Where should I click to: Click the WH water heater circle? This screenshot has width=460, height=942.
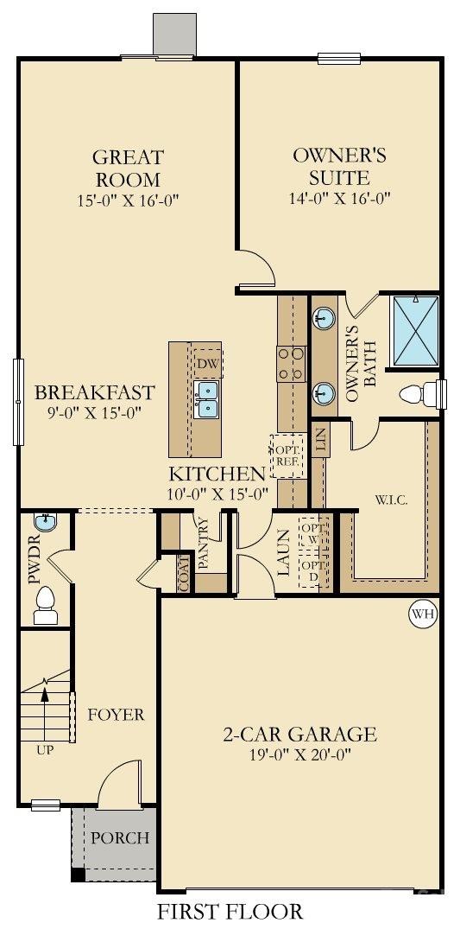click(421, 614)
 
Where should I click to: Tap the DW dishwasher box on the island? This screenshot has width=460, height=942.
click(207, 364)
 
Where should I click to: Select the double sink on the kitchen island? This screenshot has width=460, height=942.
click(207, 400)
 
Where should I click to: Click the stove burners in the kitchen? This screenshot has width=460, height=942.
click(290, 364)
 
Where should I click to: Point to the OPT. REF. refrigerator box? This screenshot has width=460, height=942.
click(287, 456)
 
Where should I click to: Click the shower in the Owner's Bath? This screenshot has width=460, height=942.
click(415, 330)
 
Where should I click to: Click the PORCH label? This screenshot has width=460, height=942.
click(120, 837)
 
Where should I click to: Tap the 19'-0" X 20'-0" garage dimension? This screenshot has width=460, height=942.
click(298, 754)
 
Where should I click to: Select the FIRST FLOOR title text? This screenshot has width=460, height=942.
click(230, 911)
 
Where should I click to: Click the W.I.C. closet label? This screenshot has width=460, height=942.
click(391, 500)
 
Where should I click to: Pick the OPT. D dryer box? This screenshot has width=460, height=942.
click(310, 571)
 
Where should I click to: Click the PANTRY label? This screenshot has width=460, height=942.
click(204, 542)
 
